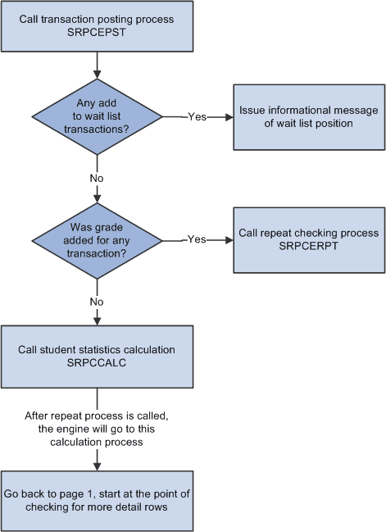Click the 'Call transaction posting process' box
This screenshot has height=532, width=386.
(98, 25)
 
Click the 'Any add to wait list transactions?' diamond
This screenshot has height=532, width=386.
(98, 116)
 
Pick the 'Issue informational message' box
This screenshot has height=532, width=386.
(309, 117)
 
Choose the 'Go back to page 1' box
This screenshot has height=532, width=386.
(98, 501)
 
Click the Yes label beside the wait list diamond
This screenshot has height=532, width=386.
(198, 116)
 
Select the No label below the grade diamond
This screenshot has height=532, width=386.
(97, 301)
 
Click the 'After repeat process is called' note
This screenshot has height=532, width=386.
(98, 429)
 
